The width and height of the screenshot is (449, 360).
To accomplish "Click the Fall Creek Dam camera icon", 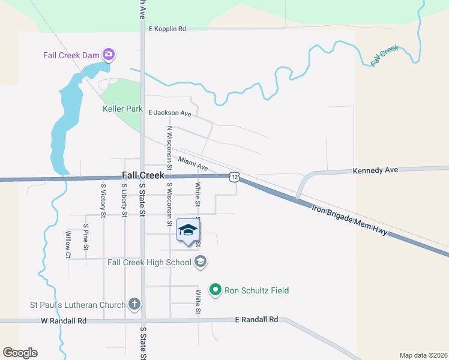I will [x=109, y=55].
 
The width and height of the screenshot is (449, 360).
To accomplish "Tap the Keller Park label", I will [x=122, y=109].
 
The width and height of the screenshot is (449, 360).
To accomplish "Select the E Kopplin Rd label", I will [x=167, y=28].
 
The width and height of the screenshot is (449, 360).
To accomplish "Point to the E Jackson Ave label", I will [x=170, y=113].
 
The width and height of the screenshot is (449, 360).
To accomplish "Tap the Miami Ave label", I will [x=193, y=163].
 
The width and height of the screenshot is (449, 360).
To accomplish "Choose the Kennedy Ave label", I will [x=376, y=170].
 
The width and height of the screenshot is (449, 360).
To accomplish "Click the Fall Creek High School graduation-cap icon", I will [x=201, y=262].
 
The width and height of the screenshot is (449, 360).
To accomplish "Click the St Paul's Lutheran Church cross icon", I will [x=134, y=304].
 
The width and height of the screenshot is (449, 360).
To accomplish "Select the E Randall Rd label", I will [x=257, y=320].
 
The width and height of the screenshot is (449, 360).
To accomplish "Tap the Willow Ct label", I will [x=68, y=245].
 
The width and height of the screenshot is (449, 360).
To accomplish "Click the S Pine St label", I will [x=86, y=237].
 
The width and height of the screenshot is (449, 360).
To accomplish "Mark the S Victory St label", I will [x=103, y=200].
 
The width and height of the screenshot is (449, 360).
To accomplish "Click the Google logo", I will [x=20, y=352].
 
